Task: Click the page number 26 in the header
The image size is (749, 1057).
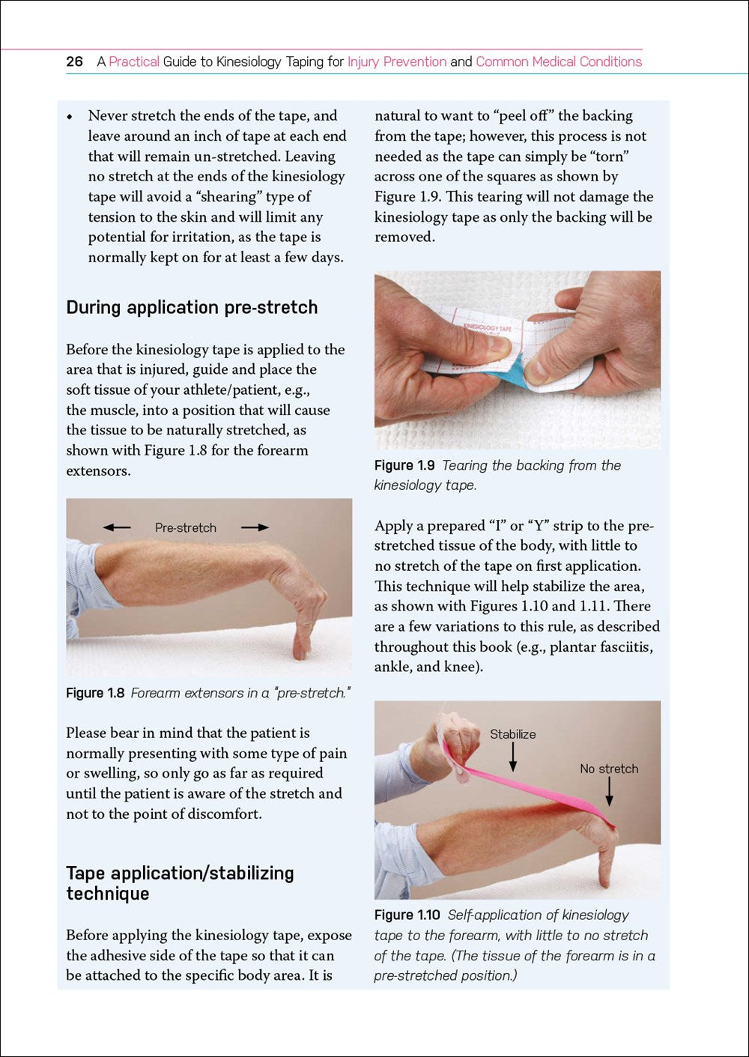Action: (74, 61)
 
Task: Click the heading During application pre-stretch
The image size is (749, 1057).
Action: (192, 307)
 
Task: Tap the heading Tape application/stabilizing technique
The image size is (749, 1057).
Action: (180, 883)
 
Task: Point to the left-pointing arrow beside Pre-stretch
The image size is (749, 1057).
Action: (117, 527)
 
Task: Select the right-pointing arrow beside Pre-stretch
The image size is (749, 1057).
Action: (255, 527)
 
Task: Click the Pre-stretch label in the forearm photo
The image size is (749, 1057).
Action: (186, 527)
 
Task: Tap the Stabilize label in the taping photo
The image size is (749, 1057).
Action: (512, 734)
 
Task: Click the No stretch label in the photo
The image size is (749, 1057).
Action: (609, 769)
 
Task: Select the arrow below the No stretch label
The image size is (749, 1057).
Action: (609, 792)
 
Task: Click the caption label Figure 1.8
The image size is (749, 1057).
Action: (95, 693)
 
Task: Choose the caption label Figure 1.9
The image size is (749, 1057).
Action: (404, 465)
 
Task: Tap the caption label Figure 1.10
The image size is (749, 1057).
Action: (407, 915)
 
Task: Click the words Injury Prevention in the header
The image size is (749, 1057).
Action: (397, 61)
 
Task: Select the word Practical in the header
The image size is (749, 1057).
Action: (134, 61)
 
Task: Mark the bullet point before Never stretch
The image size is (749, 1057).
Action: (70, 117)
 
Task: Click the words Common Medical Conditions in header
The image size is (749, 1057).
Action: (559, 61)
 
